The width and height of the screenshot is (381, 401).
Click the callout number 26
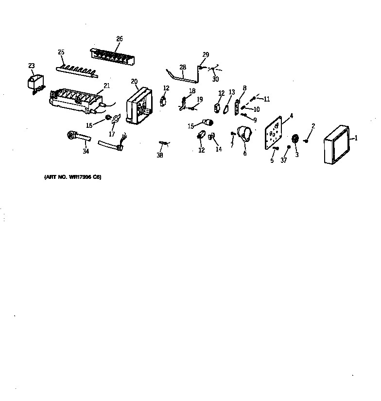point(120,39)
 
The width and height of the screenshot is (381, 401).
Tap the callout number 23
point(32,66)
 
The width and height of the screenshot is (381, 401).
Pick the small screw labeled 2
point(307,141)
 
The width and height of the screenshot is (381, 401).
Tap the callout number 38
point(160,156)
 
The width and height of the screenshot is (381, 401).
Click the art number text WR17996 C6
point(72,177)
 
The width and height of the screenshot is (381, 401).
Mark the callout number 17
point(112,133)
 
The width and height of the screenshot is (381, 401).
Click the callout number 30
point(215,79)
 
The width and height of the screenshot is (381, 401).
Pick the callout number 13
point(231,92)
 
